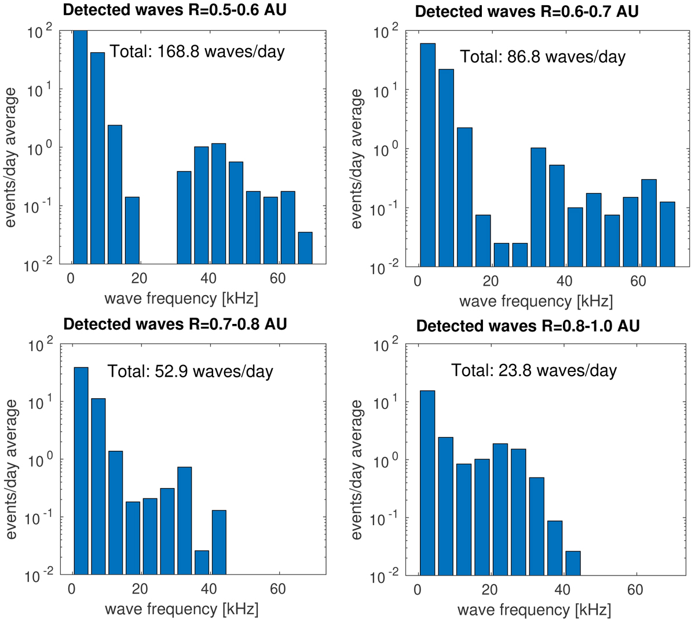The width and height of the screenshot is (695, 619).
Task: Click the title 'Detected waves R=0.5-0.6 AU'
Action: [174, 9]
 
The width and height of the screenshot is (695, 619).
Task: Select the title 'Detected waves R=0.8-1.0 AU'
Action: [528, 326]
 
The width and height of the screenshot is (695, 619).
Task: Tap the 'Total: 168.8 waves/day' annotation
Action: [197, 52]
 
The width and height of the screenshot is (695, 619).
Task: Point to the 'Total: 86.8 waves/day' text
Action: [543, 57]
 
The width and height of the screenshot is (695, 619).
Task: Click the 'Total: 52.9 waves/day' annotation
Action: [190, 371]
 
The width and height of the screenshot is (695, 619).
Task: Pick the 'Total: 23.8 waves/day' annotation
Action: [534, 370]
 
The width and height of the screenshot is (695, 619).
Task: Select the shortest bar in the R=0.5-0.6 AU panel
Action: [305, 248]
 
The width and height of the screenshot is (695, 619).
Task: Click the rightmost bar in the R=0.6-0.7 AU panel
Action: [667, 234]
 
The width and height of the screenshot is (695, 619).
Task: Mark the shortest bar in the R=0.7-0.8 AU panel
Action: [202, 563]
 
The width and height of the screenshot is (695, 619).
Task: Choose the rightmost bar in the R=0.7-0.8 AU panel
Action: [219, 542]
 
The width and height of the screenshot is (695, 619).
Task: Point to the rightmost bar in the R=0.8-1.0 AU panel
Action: [573, 563]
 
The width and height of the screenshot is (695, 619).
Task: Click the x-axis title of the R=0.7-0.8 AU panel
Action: [181, 609]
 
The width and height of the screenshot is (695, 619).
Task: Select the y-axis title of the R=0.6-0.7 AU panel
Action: [357, 159]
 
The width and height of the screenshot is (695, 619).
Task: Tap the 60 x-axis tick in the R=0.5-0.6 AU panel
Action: [277, 279]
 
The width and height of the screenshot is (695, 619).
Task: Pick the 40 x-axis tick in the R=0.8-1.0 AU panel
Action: [562, 590]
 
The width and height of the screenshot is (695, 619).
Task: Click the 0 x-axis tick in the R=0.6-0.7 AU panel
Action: [418, 281]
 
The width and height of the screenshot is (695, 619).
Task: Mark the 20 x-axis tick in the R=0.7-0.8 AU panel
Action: [140, 589]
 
